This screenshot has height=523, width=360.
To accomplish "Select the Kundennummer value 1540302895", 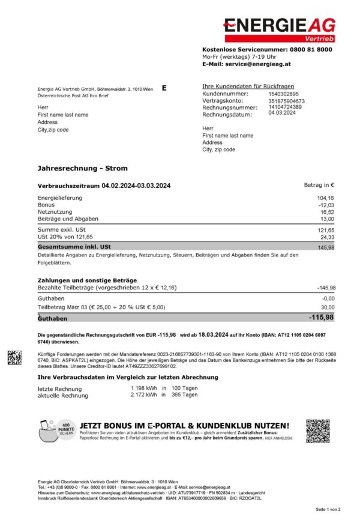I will pos(283,94).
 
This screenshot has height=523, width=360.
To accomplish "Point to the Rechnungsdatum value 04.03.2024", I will pos(281,112).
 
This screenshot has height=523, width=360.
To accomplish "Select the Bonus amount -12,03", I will pos(325,205).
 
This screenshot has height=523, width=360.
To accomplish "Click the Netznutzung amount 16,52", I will pos(326,212).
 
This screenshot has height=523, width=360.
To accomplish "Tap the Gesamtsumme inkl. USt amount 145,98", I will pos(326,247).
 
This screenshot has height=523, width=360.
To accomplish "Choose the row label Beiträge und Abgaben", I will pos(68,219).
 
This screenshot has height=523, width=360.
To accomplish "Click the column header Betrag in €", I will pos(319,186).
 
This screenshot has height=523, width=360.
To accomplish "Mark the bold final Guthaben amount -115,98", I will pos(321,317).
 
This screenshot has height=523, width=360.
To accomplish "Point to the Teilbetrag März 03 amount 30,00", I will pos(326,307).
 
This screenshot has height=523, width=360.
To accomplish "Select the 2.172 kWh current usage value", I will pos(143,396).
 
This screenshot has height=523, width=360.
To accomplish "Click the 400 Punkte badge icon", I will pos(66,428).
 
